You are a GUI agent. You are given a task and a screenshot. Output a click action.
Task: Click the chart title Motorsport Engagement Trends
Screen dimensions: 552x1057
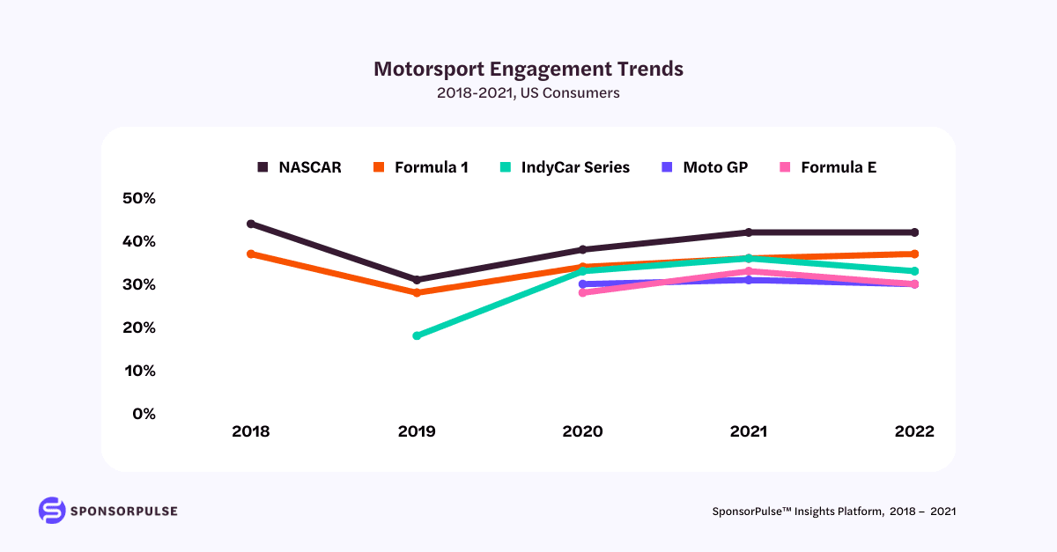[x=528, y=69]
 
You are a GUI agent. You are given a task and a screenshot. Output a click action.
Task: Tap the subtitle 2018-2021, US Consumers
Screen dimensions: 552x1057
[x=528, y=92]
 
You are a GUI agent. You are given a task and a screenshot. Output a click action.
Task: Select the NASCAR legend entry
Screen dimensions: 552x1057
[x=299, y=167]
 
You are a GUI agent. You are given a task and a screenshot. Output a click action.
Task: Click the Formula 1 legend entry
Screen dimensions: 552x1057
[x=422, y=167]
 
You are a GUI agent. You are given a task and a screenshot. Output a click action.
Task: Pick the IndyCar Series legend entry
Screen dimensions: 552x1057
[x=565, y=167]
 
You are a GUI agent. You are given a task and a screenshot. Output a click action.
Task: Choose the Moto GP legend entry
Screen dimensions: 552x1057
[x=704, y=167]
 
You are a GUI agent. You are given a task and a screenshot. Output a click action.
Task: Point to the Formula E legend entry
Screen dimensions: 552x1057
[x=828, y=167]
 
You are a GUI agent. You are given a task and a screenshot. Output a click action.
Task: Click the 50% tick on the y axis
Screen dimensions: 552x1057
[x=138, y=198]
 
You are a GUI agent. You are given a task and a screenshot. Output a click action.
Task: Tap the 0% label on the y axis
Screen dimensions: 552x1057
[x=144, y=414]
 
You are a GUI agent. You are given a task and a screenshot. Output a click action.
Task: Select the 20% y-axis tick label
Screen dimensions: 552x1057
[x=138, y=328]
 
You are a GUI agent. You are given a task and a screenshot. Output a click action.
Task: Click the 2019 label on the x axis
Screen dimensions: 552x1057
[x=417, y=432]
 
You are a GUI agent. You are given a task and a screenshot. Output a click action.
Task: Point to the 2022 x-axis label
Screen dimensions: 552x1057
[x=913, y=432]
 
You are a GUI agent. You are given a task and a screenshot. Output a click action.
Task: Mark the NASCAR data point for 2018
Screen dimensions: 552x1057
[x=251, y=224]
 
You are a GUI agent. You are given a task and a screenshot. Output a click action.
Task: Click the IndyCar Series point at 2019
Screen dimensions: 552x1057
[x=417, y=335]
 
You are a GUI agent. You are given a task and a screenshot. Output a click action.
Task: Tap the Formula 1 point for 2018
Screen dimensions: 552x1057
[x=251, y=254]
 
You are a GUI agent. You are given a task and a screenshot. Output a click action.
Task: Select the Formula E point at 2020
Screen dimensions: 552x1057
[x=582, y=292]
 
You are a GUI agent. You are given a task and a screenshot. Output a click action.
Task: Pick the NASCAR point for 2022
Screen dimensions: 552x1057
[x=914, y=232]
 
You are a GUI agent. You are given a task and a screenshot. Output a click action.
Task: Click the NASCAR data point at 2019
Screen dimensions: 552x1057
[x=417, y=280]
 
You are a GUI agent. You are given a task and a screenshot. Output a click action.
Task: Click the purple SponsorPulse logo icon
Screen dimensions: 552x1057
[x=52, y=511]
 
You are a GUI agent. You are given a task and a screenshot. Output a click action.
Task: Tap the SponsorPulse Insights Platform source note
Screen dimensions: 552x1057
[x=833, y=511]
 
